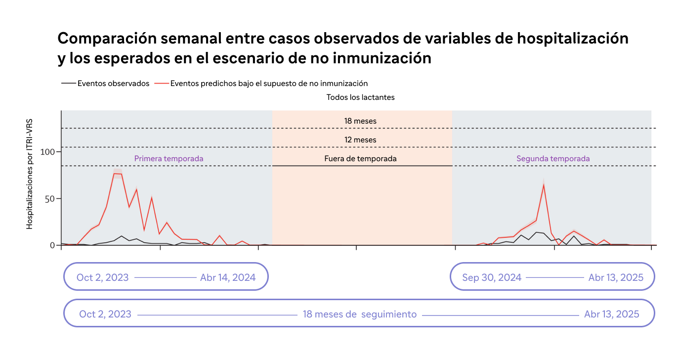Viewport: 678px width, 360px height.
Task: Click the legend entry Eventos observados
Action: (x=113, y=84)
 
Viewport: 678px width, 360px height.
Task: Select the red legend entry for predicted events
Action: (x=269, y=84)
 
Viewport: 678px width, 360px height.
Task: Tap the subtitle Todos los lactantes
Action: (x=360, y=97)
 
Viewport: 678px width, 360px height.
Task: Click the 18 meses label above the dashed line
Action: (x=360, y=121)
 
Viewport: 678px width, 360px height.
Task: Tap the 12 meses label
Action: (x=360, y=140)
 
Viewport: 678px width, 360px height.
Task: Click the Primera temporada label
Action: (x=169, y=159)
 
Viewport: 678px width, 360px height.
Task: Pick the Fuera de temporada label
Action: (x=360, y=159)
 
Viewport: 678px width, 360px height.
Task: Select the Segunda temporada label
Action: (x=553, y=159)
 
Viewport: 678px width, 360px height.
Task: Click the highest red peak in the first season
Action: (x=115, y=174)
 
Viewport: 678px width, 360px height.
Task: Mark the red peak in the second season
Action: (x=544, y=184)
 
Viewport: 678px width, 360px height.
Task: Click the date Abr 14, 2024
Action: (x=228, y=277)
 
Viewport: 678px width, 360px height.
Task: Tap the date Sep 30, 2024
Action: (x=492, y=277)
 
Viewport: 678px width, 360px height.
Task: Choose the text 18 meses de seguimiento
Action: (x=360, y=314)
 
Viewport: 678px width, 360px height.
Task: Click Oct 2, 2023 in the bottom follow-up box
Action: (x=105, y=314)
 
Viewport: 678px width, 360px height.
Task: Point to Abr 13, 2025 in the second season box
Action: (x=616, y=277)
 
